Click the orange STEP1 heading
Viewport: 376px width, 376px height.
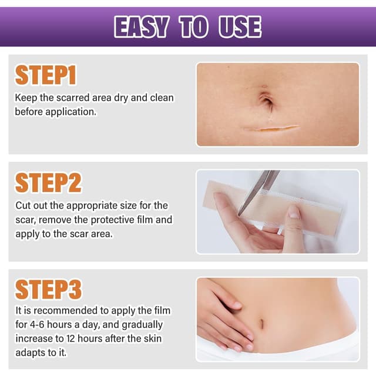46,76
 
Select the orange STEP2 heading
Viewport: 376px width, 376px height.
48,183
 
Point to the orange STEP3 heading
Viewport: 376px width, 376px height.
48,290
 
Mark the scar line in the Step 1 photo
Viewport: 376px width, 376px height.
271,127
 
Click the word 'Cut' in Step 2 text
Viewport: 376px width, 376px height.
23,206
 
